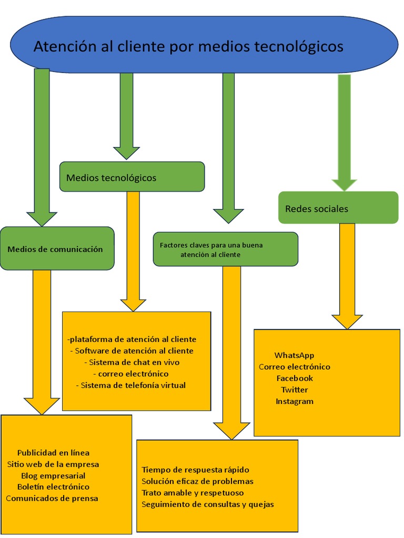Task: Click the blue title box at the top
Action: point(204,46)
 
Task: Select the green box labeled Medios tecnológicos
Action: point(132,177)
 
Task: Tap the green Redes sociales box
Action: point(338,208)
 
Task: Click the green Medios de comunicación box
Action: point(57,249)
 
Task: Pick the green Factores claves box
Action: point(225,250)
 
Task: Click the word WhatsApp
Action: point(294,356)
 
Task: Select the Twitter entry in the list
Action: point(295,390)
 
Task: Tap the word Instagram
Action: point(295,401)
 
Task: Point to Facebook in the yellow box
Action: point(295,378)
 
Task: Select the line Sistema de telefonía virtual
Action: point(131,385)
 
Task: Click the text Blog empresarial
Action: point(53,475)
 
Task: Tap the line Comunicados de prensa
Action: point(52,498)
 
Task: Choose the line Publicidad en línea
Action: point(53,452)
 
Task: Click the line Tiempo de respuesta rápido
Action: point(195,470)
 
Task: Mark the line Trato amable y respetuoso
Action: point(193,493)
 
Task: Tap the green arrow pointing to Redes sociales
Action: point(345,131)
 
